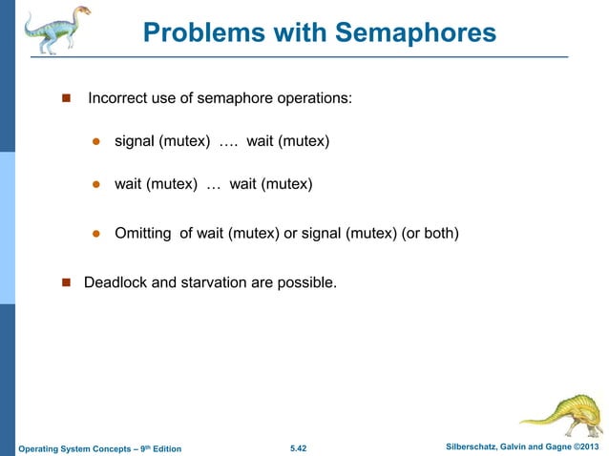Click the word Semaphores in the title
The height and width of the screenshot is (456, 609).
pyautogui.click(x=414, y=34)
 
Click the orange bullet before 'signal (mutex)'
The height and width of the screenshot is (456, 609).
pyautogui.click(x=96, y=143)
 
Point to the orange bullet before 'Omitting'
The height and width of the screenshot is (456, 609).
pyautogui.click(x=96, y=233)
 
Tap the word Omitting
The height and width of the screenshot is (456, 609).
pyautogui.click(x=143, y=233)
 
